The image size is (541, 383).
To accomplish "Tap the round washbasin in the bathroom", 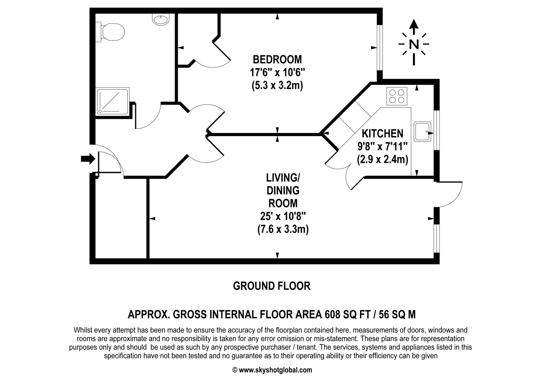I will coord(160,20).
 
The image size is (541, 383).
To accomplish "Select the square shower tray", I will coord(113,102).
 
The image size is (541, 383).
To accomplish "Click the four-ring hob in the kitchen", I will coord(397,96).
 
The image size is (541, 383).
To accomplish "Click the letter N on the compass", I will coord(414,44).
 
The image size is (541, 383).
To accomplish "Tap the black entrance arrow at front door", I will coord(88,159).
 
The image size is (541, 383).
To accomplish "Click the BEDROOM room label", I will coord(277,60).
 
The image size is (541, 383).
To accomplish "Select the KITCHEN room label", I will coord(383,134).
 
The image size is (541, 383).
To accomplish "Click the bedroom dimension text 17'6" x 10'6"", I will coord(277,72).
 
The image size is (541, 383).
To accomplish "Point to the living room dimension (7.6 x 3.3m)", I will coord(283,229).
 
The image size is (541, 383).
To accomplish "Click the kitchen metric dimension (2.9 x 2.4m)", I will coord(383,160).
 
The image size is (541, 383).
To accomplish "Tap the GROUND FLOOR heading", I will coord(272,286).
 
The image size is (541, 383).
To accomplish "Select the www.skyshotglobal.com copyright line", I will coord(272,370).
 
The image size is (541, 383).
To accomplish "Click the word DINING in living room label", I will coord(283,190).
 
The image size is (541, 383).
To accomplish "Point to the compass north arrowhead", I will coord(414,24).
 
